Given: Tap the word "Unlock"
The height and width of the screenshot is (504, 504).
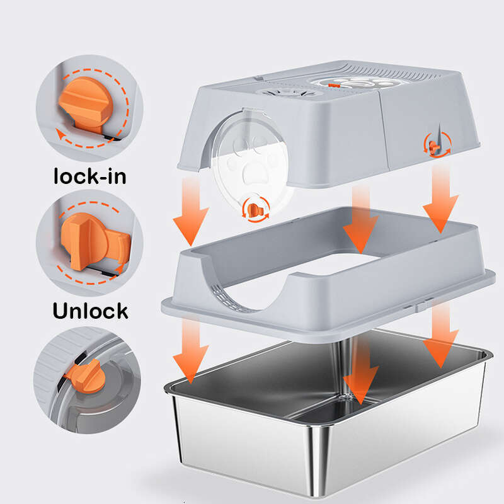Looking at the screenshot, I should point(89,310).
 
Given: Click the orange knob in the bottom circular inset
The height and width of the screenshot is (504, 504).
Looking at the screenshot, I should point(86,376).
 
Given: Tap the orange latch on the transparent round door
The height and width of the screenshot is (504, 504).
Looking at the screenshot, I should point(255,209).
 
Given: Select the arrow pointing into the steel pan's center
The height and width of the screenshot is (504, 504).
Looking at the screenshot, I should point(359,372).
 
